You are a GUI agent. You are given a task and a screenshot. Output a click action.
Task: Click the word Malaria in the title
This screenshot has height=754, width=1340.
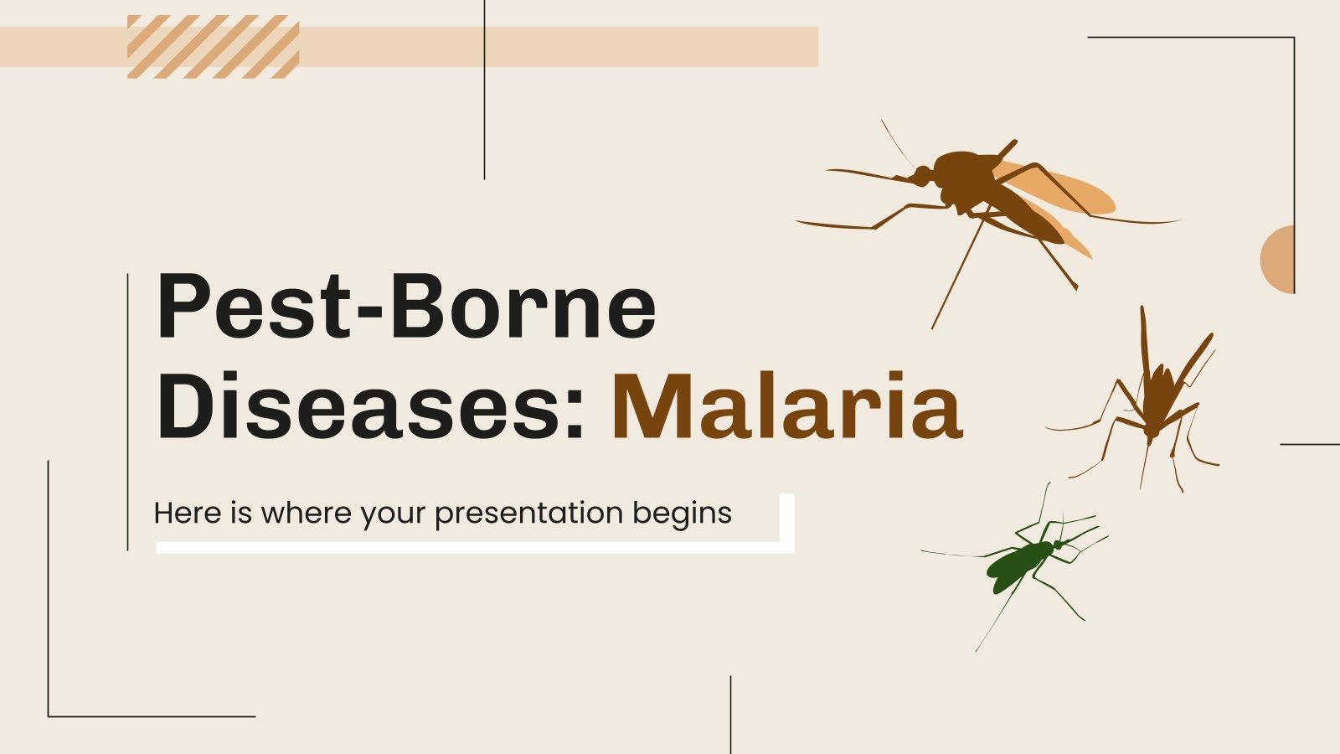[x=787, y=407]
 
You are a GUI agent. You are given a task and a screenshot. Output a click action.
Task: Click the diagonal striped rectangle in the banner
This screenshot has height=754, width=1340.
[x=213, y=46]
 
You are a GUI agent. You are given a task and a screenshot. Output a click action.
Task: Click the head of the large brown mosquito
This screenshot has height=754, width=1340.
[x=921, y=176]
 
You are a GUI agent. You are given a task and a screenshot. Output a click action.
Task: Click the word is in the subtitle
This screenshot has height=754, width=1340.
[x=241, y=513]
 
